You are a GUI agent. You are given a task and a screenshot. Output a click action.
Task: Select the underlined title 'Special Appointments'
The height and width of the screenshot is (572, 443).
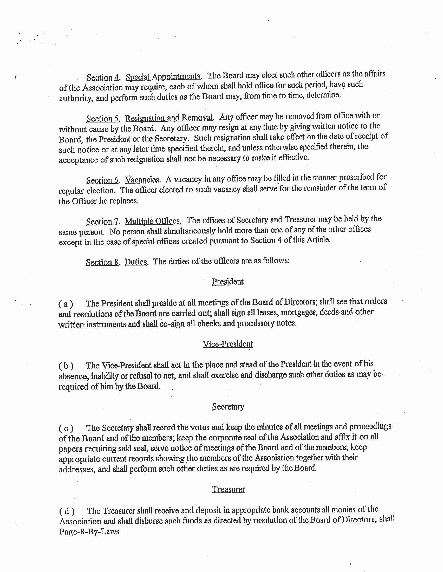[x=163, y=77]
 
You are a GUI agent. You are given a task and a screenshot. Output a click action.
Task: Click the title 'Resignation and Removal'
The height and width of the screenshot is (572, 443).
[x=169, y=118]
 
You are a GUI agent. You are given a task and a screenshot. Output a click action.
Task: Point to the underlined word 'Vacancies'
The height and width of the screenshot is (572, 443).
[x=142, y=180]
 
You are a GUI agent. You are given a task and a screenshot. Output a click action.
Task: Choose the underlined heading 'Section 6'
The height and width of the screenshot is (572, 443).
[x=102, y=180]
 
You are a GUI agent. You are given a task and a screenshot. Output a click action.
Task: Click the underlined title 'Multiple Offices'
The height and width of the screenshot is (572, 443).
[x=152, y=221]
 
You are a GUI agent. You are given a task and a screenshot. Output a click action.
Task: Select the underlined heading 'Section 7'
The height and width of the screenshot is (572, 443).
[x=102, y=222]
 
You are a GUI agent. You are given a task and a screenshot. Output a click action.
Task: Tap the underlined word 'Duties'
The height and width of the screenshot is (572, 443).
[x=136, y=262]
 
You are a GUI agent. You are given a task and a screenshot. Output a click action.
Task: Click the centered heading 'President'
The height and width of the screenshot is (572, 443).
[x=228, y=282]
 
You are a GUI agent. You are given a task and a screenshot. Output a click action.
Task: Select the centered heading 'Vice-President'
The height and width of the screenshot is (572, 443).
[x=228, y=344]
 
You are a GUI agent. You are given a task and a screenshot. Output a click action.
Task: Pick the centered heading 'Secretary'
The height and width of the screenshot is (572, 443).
[x=228, y=406]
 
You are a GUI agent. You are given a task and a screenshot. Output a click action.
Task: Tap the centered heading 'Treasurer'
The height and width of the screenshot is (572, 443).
[x=229, y=489]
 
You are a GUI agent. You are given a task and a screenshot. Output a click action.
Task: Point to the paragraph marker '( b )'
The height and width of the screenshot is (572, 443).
[x=66, y=366]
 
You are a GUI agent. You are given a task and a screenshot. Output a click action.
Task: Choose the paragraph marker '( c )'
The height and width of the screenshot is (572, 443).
[x=66, y=428]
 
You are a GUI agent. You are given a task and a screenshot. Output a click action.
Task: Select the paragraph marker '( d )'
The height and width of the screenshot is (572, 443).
[x=66, y=511]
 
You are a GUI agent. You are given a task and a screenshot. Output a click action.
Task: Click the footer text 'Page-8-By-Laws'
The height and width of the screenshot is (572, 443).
[x=89, y=531]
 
